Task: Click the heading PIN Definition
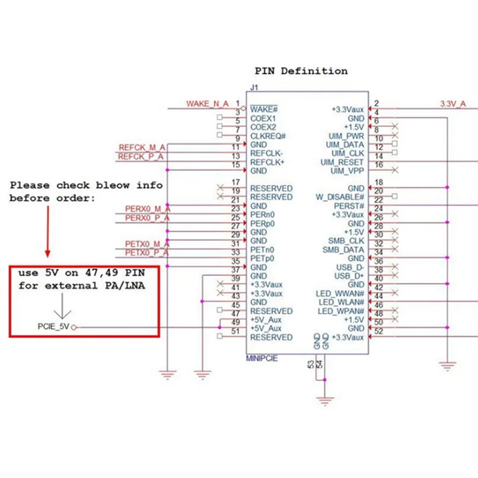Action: (301, 71)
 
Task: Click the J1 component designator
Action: (255, 88)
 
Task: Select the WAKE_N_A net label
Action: (207, 104)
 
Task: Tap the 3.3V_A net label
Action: (453, 104)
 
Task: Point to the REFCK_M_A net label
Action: (142, 148)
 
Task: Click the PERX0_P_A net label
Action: (148, 218)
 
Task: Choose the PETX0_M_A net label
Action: (147, 244)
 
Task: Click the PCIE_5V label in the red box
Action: (54, 326)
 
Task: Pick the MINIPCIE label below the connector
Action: (262, 358)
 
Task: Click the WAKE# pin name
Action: (264, 109)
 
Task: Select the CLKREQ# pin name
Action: (268, 136)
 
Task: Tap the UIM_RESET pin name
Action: (342, 163)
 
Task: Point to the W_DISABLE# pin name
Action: (340, 197)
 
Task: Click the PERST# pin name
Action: (349, 206)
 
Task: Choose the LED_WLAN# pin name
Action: (341, 302)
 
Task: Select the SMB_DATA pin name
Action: (343, 250)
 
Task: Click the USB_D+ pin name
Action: (350, 276)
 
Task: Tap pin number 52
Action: (379, 332)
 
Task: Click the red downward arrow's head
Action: (48, 253)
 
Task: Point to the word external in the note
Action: (71, 286)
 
